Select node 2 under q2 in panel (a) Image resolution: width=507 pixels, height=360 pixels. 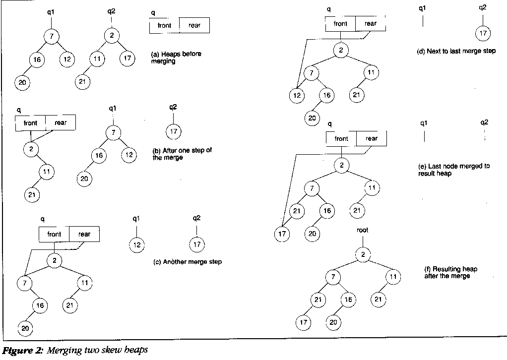coord(112,36)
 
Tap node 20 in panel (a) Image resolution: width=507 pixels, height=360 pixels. coord(22,82)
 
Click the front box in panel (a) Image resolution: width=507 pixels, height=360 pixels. coord(164,26)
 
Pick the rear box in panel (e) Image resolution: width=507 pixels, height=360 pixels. coord(371,139)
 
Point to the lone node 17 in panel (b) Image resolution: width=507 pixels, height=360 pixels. coord(173,132)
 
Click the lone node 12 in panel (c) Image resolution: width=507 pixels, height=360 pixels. coord(136,245)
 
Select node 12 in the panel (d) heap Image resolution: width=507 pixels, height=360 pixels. coord(296,95)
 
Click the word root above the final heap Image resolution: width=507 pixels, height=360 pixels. coord(363,231)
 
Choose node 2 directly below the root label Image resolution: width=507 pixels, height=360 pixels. coord(363,255)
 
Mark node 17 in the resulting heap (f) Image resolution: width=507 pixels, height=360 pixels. coord(303,323)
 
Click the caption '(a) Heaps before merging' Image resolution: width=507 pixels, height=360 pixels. coord(176,58)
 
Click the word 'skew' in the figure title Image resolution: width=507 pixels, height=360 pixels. coord(109,351)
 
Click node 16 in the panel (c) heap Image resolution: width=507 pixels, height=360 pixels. coord(41,305)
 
